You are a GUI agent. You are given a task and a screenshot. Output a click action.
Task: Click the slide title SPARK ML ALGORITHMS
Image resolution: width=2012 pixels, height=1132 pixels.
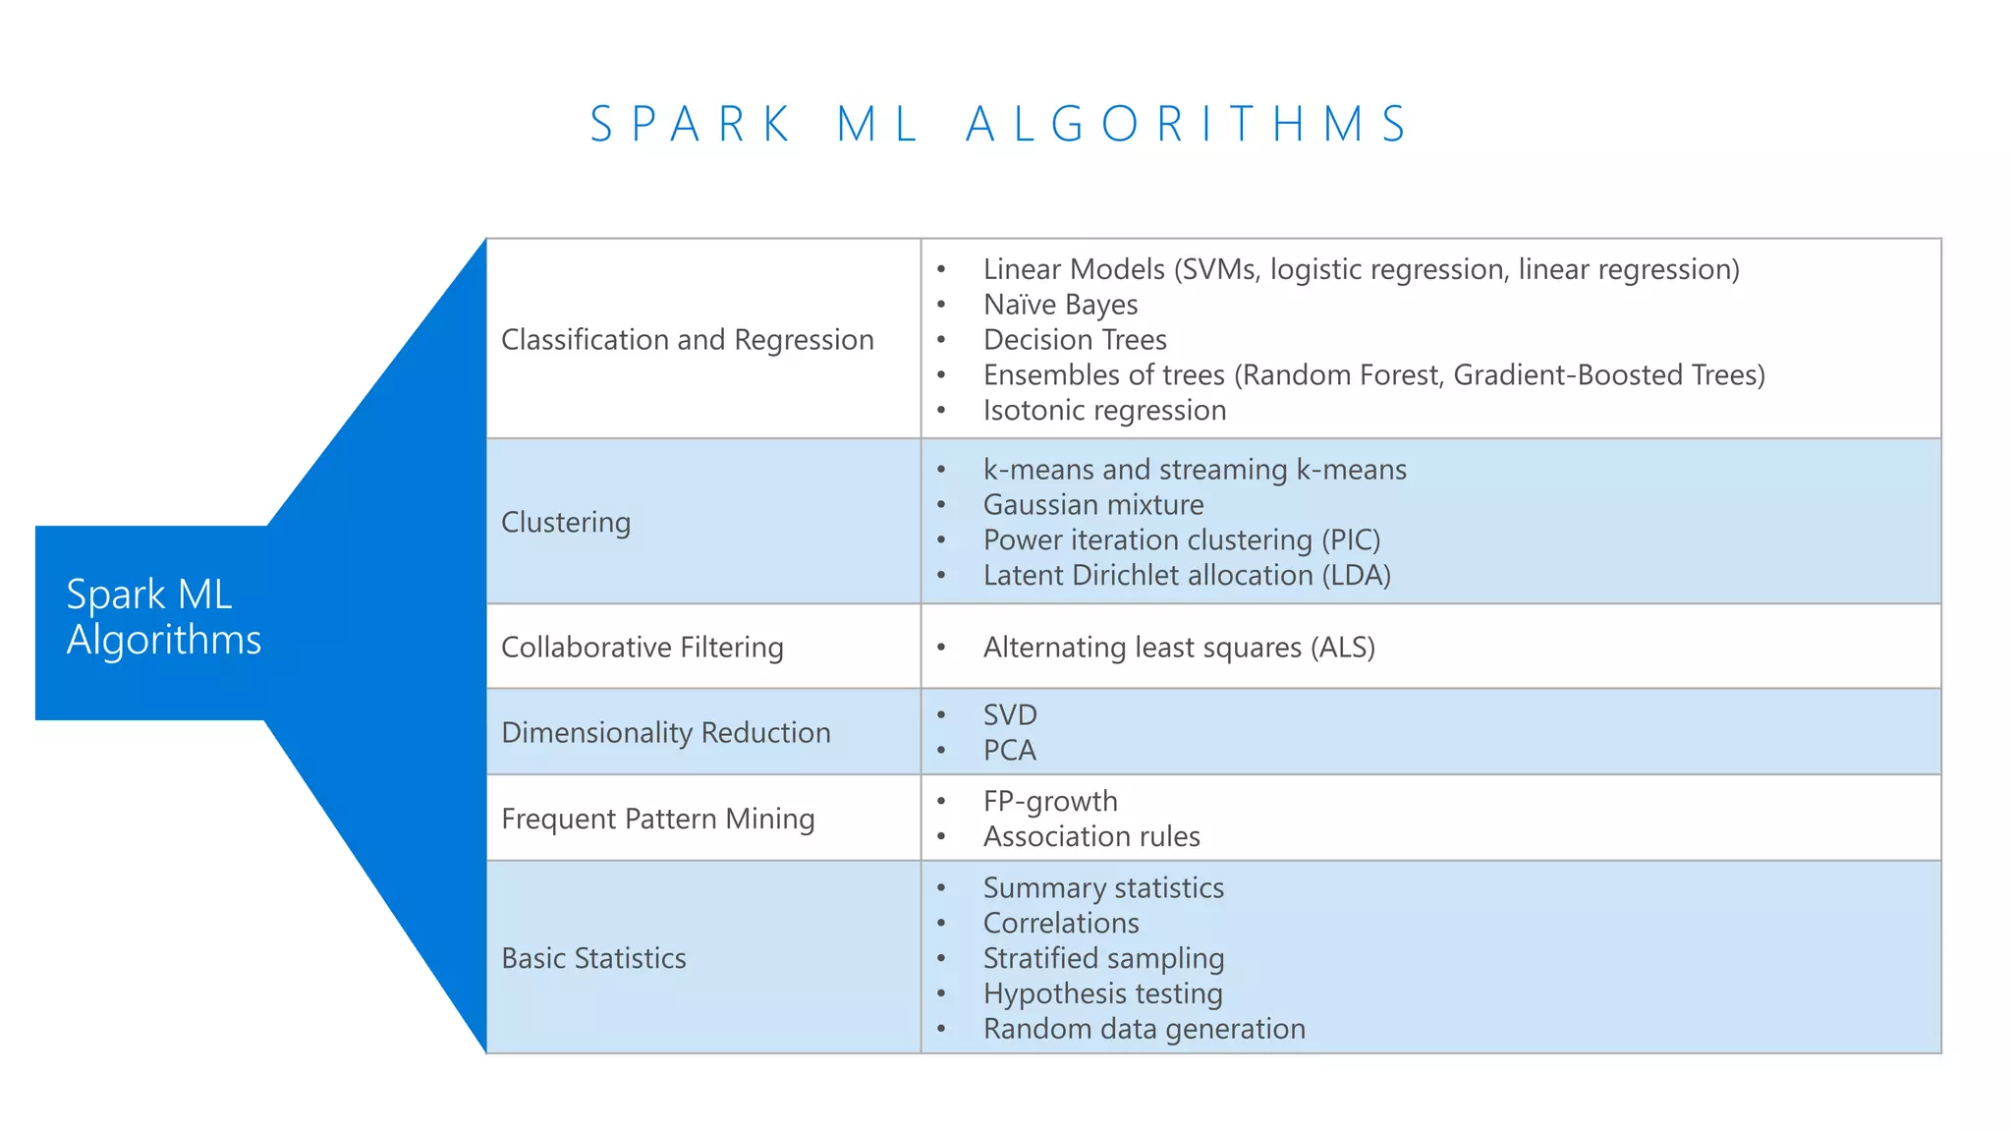pos(999,125)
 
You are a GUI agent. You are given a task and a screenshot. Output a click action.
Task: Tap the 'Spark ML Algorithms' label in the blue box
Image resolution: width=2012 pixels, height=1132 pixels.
pos(164,617)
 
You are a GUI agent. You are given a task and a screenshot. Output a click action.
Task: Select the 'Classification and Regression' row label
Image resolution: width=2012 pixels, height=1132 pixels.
pos(687,340)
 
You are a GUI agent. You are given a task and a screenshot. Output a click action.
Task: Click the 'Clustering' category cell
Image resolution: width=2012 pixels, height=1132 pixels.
pos(566,522)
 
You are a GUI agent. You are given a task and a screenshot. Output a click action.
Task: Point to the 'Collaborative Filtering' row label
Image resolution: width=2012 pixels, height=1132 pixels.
pos(643,648)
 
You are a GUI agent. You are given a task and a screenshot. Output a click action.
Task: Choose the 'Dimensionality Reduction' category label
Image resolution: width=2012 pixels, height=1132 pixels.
pos(666,733)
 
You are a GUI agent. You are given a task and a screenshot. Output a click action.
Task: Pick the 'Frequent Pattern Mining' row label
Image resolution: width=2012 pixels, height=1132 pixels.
pos(658,820)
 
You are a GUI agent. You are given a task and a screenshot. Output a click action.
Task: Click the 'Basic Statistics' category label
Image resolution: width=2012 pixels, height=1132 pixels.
pos(593,958)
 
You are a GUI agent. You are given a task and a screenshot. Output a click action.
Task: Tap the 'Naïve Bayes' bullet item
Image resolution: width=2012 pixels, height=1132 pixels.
pos(1060,305)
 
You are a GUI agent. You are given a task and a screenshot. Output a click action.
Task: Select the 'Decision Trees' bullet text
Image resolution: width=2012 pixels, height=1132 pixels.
pos(1075,340)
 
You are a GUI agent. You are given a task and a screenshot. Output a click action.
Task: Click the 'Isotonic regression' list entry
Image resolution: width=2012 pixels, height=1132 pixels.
pos(1104,411)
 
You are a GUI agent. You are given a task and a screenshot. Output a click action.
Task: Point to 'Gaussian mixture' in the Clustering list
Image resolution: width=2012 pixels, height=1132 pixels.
pos(1093,505)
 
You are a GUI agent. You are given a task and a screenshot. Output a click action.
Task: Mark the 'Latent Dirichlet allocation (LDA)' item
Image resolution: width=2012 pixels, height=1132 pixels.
pos(1187,576)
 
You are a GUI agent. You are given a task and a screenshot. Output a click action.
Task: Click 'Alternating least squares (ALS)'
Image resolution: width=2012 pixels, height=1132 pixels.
pos(1179,648)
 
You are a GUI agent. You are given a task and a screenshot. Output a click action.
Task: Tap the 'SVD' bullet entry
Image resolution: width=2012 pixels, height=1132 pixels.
pos(1010,715)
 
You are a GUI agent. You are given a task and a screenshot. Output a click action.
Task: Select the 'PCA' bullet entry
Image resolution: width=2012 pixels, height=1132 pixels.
pos(1010,751)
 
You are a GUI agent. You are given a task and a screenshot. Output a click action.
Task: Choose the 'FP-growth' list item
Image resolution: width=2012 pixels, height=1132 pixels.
pos(1050,802)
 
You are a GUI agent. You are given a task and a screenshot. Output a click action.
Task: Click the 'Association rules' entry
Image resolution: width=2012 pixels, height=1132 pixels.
pos(1091,837)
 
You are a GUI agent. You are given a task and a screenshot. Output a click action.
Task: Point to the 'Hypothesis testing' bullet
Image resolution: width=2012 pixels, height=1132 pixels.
pos(1102,994)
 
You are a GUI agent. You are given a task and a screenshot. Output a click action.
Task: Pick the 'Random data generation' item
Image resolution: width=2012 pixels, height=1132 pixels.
pos(1145,1030)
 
